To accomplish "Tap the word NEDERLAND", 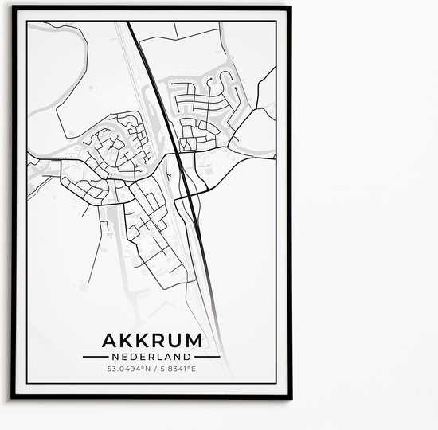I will coord(151,358).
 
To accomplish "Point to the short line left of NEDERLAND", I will coord(103,358).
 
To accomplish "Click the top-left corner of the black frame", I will coord(13,7).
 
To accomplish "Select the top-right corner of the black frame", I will coord(290,7).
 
